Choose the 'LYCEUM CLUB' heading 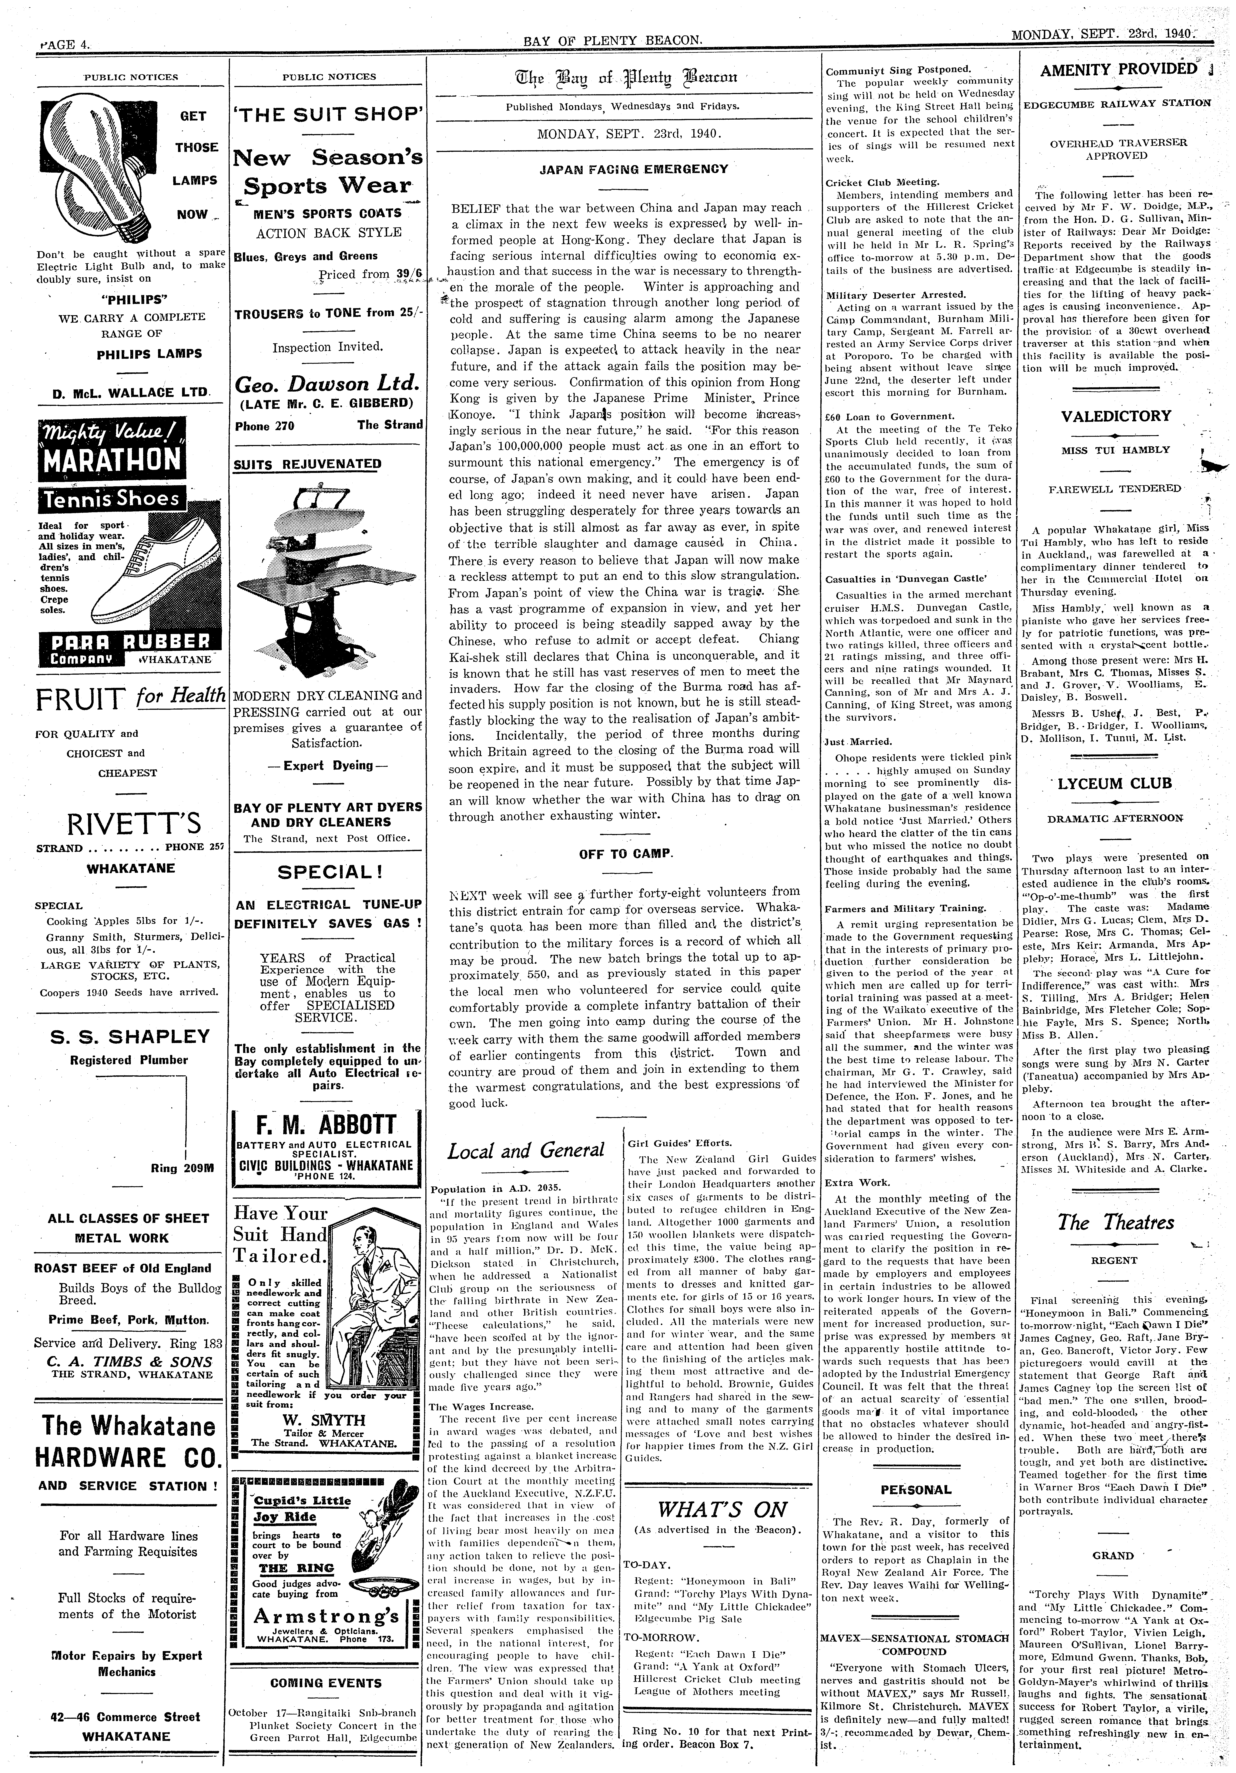[x=1114, y=783]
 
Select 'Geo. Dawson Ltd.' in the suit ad [x=326, y=384]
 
